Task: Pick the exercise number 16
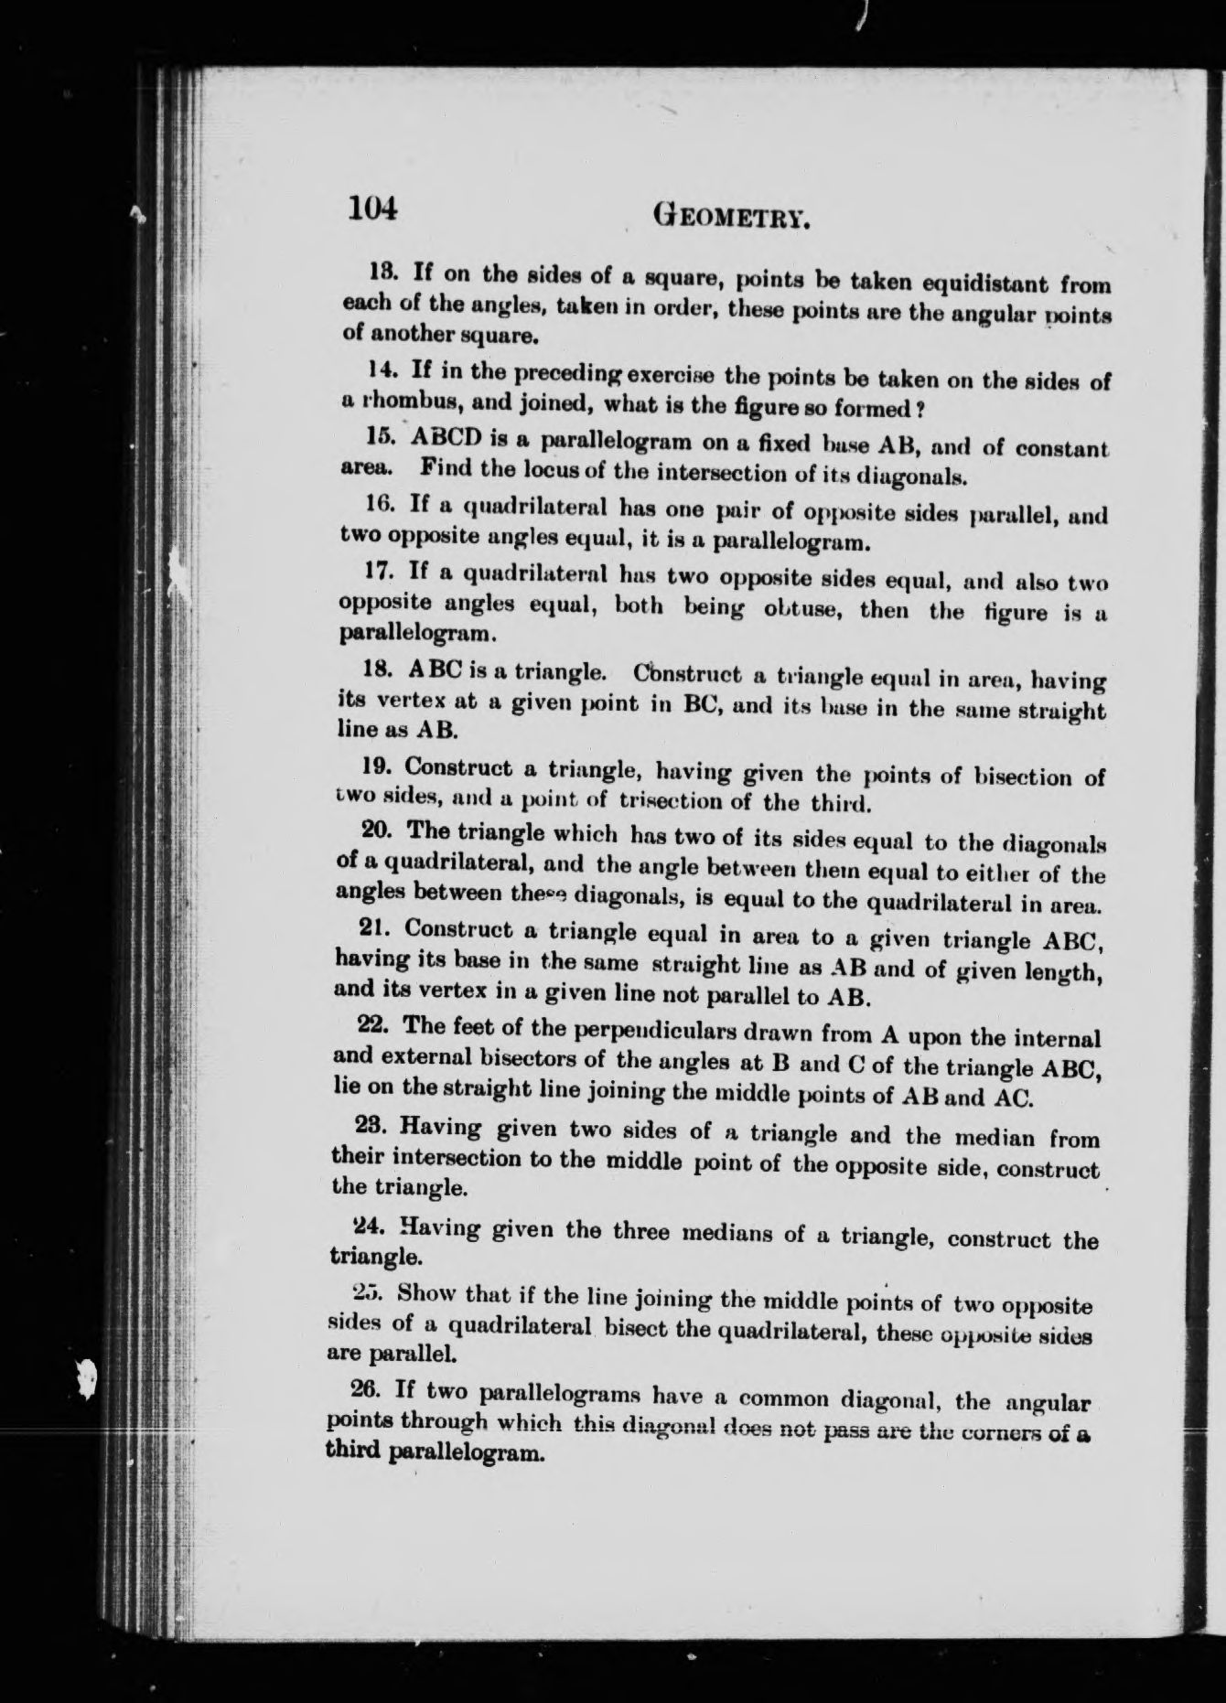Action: [378, 503]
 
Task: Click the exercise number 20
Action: [376, 830]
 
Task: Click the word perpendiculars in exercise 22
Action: [651, 1033]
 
